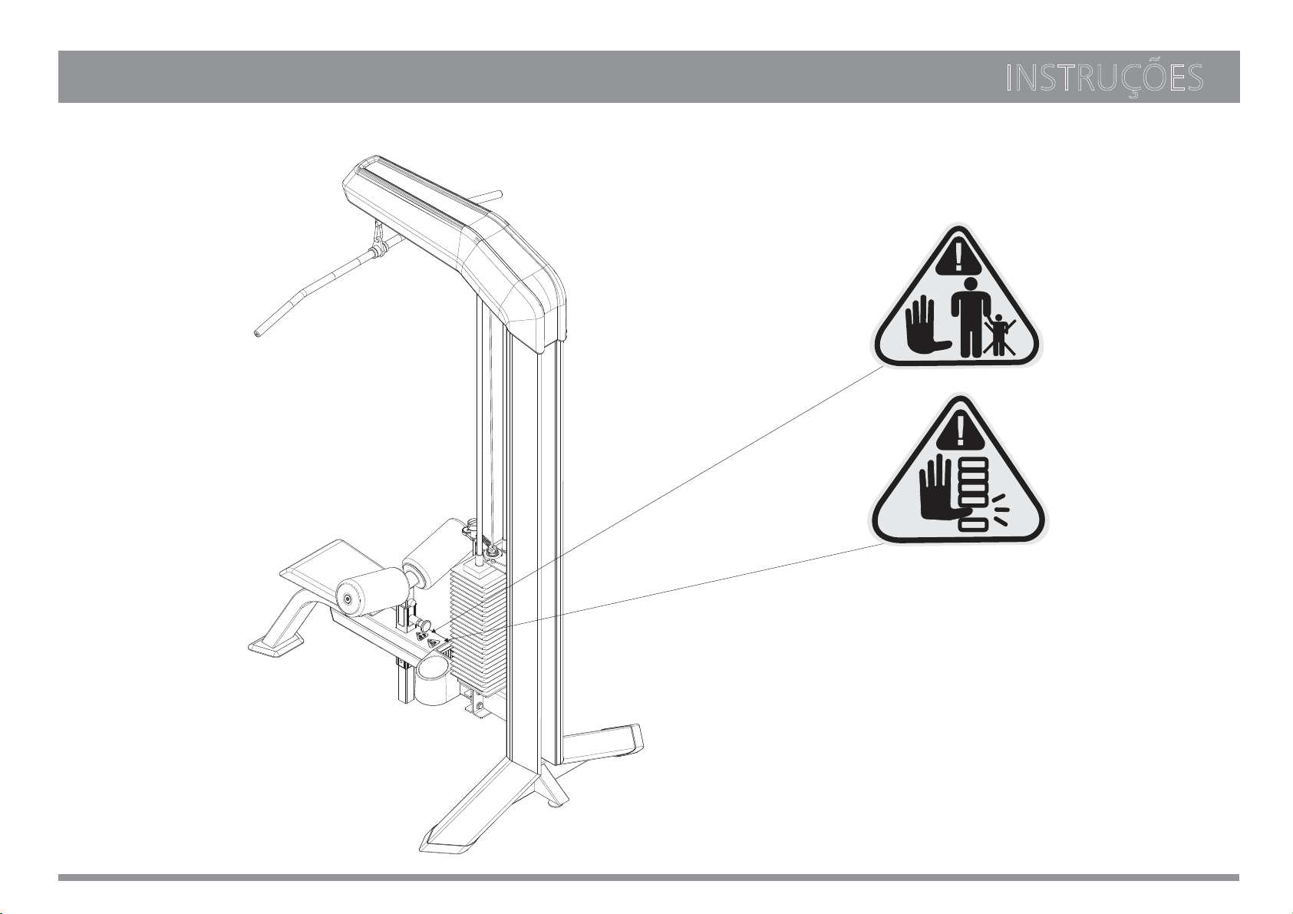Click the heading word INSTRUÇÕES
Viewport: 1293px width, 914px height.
coord(1104,79)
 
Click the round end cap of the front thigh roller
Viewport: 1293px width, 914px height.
coord(348,599)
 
